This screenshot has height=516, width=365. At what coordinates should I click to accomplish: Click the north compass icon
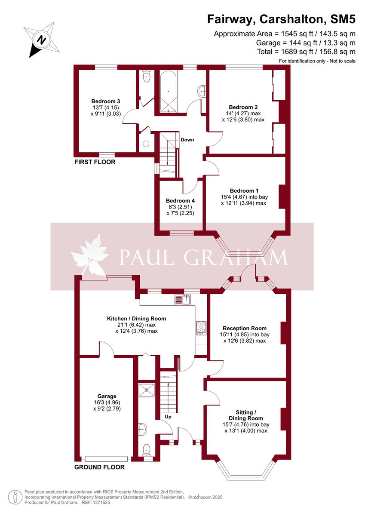[x=41, y=40]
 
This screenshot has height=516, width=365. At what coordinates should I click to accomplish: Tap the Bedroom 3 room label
[x=105, y=101]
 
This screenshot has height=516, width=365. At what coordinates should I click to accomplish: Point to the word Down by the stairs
[x=187, y=140]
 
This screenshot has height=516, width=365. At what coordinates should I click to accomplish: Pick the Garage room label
[x=107, y=396]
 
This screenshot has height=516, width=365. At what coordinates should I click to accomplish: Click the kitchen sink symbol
[x=183, y=300]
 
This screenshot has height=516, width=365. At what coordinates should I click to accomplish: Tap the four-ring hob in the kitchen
[x=201, y=328]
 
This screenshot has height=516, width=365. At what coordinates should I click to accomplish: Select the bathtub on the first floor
[x=168, y=92]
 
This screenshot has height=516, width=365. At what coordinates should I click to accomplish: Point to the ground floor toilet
[x=147, y=450]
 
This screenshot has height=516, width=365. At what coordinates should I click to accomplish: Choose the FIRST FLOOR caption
[x=95, y=162]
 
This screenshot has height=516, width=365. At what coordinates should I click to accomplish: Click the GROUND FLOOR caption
[x=99, y=467]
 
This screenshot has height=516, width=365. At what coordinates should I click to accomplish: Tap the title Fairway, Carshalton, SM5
[x=282, y=19]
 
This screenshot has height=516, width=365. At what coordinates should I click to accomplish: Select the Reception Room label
[x=245, y=329]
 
